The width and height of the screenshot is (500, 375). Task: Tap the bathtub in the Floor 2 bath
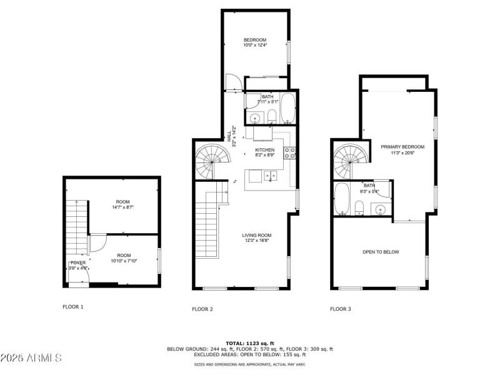click(289, 109)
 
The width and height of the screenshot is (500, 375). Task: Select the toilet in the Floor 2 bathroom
click(272, 116)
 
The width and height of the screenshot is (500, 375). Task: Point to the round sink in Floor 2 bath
click(254, 117)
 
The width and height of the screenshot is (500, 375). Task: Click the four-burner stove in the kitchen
click(290, 152)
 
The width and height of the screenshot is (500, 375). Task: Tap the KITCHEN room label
click(265, 152)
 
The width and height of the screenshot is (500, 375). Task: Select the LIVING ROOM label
click(257, 237)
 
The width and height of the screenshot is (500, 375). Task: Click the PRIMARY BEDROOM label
click(402, 149)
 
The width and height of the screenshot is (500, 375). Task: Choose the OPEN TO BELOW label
click(381, 252)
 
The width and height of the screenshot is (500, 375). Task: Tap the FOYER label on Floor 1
click(77, 264)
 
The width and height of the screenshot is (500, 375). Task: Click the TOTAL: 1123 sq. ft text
click(249, 343)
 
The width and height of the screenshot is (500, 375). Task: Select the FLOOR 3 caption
click(341, 309)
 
